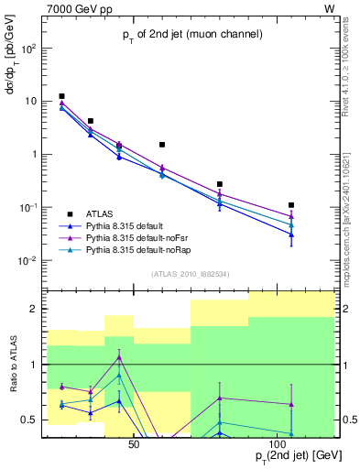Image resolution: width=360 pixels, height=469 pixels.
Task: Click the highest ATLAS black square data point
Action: (x=61, y=96)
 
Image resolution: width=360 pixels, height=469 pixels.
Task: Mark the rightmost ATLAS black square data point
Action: (x=291, y=205)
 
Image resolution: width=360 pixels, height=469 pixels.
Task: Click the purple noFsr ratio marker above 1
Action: (x=119, y=357)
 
